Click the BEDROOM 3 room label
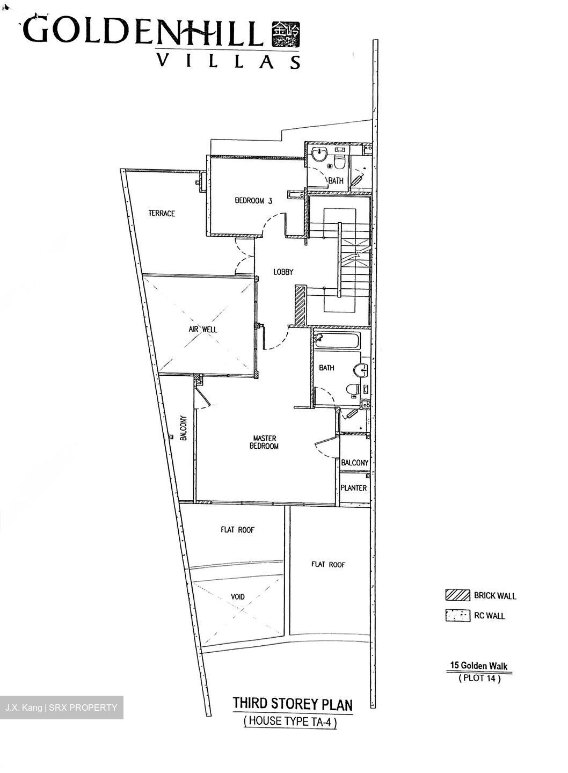(253, 201)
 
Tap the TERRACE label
(162, 213)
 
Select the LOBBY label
(283, 272)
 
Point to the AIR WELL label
(202, 329)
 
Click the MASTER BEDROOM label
(265, 442)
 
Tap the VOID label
(237, 596)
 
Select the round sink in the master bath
(361, 370)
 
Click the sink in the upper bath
(320, 155)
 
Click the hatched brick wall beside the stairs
(300, 305)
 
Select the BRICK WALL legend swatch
(457, 595)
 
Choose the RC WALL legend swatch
(457, 615)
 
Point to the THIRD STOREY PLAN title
(293, 703)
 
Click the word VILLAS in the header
(228, 61)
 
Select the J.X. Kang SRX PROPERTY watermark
(61, 707)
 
